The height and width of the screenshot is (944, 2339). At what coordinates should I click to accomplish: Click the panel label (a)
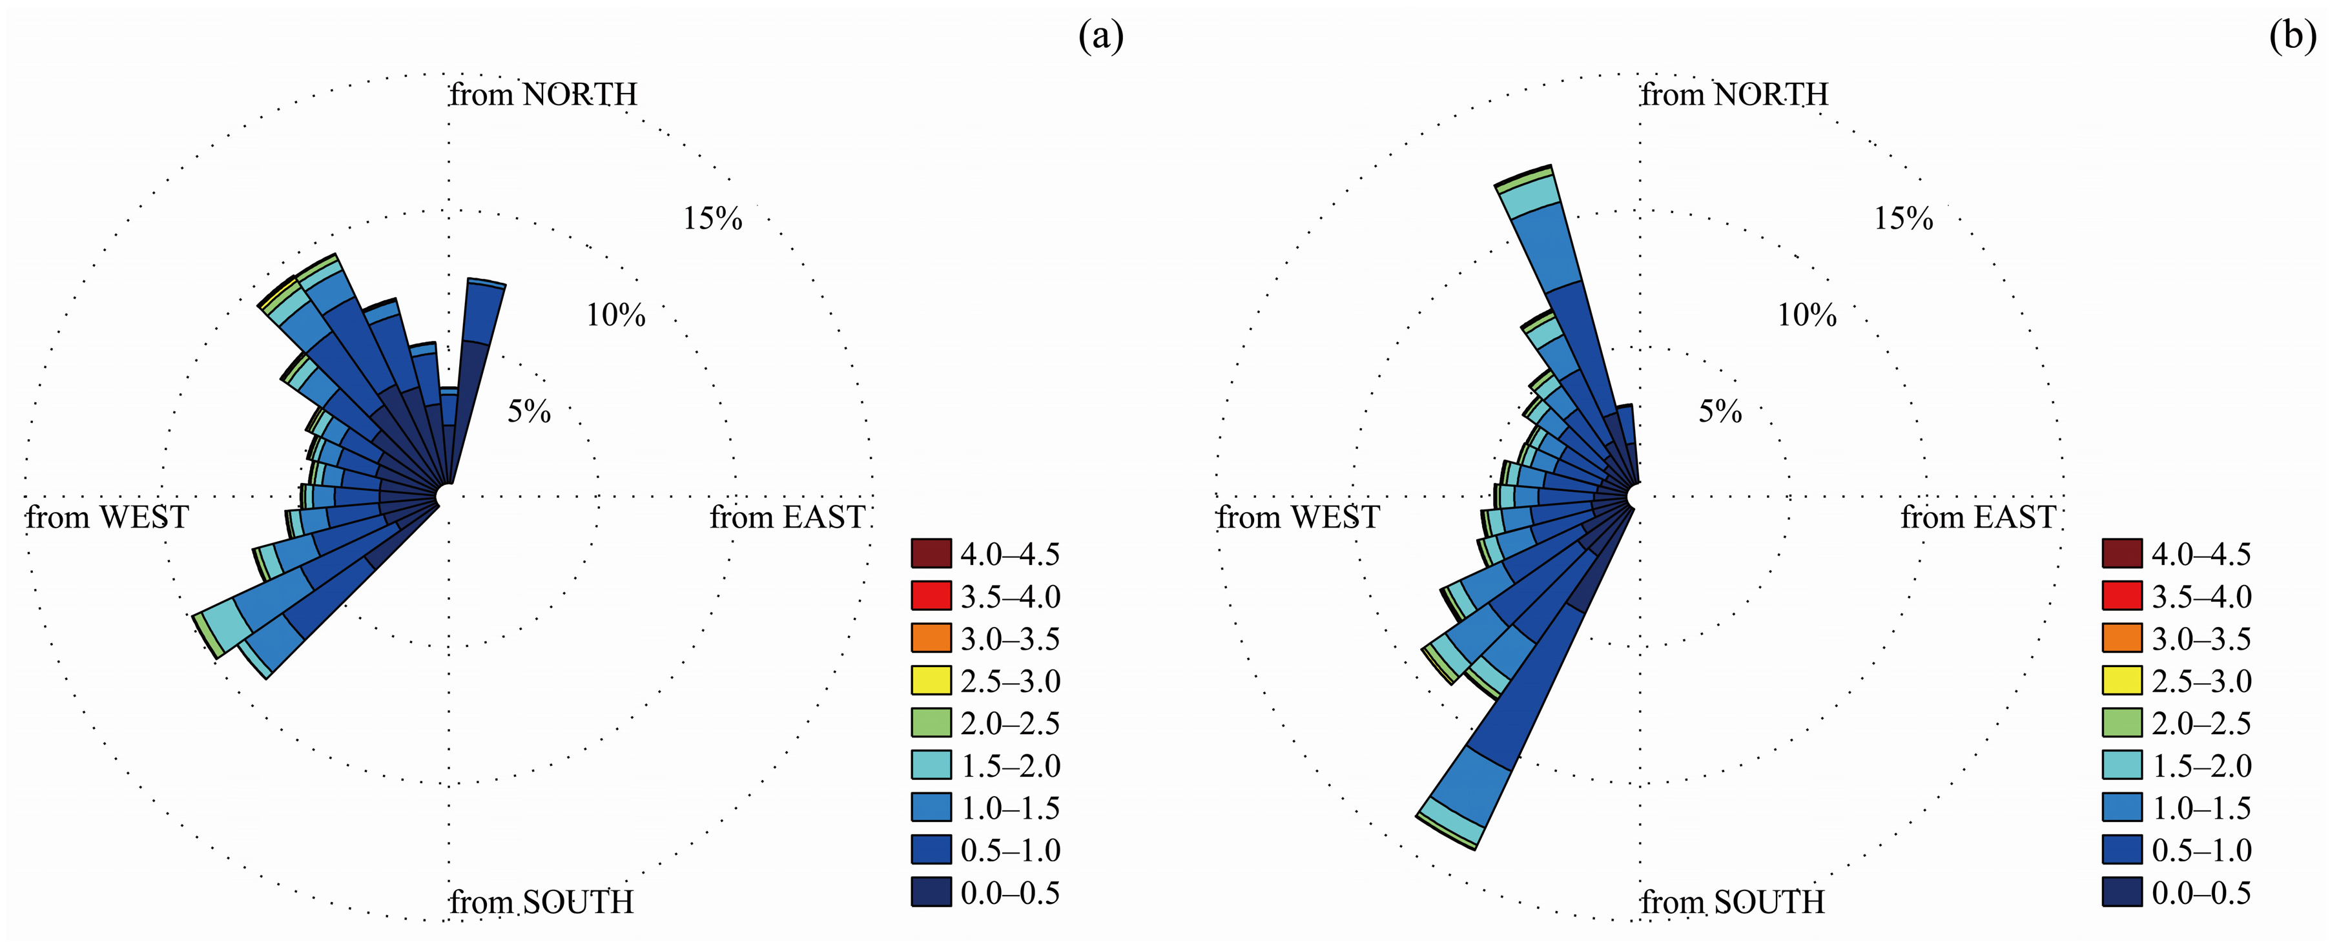click(1100, 36)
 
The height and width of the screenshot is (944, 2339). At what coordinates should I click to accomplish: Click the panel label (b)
click(2292, 36)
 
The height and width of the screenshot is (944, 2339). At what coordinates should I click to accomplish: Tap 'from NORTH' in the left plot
click(543, 94)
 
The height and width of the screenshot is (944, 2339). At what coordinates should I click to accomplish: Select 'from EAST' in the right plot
click(1977, 517)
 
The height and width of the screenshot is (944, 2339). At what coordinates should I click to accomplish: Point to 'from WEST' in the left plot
click(107, 517)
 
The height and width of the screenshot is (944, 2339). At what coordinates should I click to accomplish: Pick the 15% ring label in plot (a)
click(713, 219)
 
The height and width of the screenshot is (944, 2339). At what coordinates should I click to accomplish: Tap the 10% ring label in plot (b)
click(1807, 316)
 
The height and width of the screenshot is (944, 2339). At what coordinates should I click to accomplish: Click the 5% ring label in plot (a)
click(528, 412)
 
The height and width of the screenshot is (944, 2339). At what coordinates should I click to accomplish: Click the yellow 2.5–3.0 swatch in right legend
click(2122, 681)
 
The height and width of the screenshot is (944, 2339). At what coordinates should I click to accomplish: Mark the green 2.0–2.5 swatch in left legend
click(931, 723)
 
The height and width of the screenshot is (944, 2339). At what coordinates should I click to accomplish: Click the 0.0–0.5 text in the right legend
click(2201, 893)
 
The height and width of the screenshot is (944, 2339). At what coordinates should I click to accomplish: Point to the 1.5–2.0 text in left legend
click(1010, 766)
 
